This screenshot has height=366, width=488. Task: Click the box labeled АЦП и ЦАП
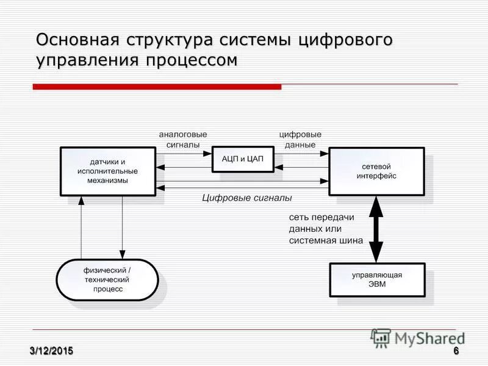coord(242,159)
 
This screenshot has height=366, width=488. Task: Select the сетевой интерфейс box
coord(376,171)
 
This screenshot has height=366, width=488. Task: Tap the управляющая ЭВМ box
coord(376,279)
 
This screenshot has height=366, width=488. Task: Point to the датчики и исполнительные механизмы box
coord(107,171)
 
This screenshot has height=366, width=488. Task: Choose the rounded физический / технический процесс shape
coord(107,279)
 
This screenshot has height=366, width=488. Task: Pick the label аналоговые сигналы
coord(182,139)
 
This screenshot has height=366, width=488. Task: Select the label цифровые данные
coord(300,139)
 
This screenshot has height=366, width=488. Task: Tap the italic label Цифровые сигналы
coord(247,198)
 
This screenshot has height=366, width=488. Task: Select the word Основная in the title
coord(77,40)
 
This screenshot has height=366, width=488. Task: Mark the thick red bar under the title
coord(157,87)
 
